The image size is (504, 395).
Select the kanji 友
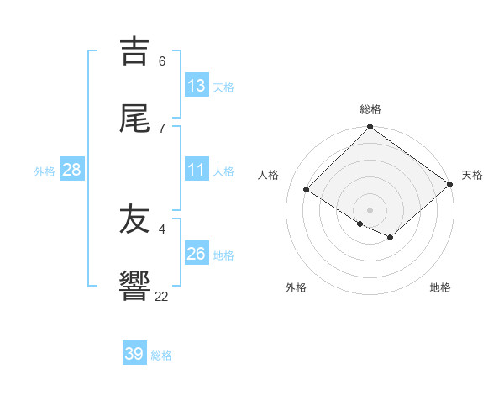tap(135, 220)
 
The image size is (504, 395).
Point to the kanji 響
tap(135, 287)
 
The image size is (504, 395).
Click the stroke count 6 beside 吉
tap(161, 61)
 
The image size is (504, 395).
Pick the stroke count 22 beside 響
tap(161, 296)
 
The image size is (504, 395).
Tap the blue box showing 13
tap(197, 85)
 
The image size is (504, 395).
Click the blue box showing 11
tap(197, 170)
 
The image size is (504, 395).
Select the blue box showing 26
tap(197, 254)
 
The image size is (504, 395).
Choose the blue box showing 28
tap(72, 170)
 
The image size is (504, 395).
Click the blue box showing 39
tap(134, 354)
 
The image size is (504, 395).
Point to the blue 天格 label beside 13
tap(223, 87)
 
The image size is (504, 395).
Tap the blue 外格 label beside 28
tap(45, 171)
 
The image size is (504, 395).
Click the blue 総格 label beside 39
tap(161, 355)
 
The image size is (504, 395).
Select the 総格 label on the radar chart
tap(370, 109)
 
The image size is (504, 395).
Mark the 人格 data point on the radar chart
tap(307, 190)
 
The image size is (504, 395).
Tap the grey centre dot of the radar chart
tap(370, 209)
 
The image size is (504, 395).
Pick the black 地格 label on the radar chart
tap(440, 287)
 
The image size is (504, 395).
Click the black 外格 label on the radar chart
tap(296, 287)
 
